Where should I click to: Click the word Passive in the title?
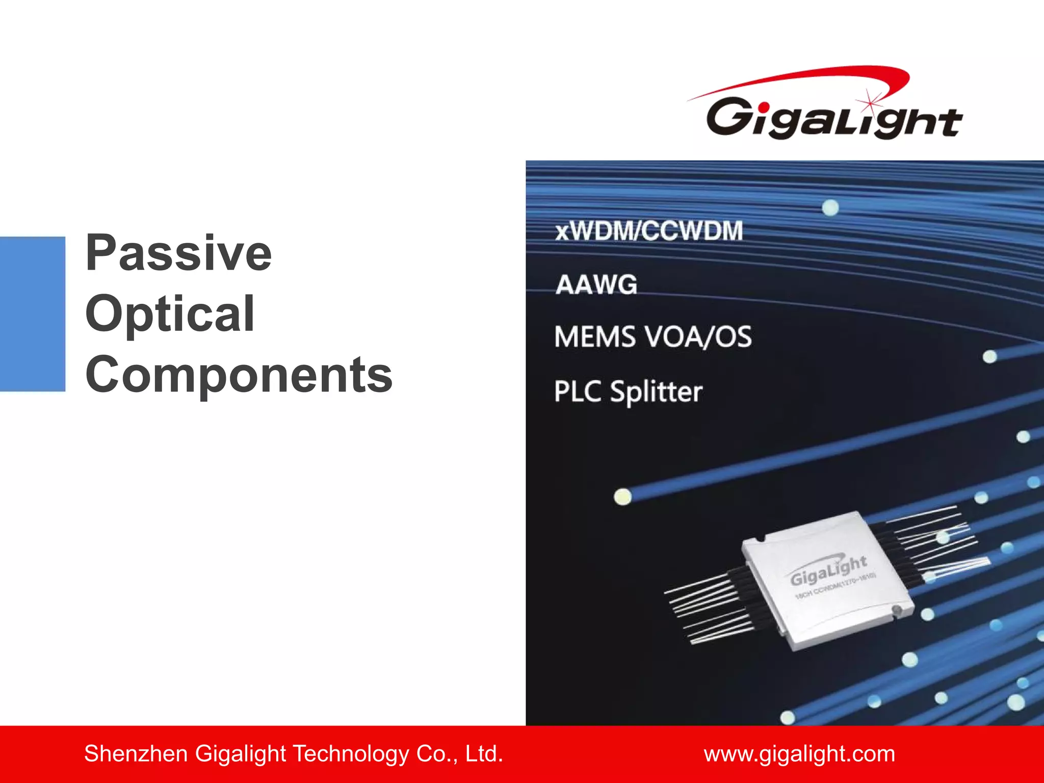click(x=178, y=253)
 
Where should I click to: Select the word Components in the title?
click(x=239, y=375)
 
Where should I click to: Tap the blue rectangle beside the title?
click(x=33, y=314)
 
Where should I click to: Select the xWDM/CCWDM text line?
click(x=649, y=231)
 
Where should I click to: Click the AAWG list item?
click(x=596, y=284)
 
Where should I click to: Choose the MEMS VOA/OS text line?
click(x=653, y=337)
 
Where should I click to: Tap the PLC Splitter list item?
click(x=628, y=391)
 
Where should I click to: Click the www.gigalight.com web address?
click(x=799, y=753)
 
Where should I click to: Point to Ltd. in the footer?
click(x=484, y=753)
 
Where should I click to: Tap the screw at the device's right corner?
click(x=896, y=610)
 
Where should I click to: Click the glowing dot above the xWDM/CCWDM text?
click(x=830, y=207)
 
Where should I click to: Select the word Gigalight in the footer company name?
click(x=240, y=753)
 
